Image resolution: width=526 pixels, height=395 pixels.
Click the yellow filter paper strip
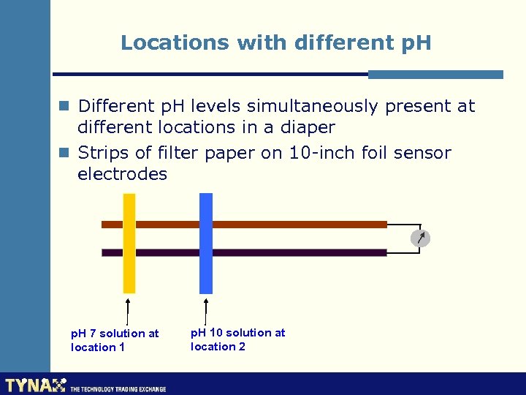point(129,243)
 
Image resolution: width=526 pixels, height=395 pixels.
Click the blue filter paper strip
point(206,243)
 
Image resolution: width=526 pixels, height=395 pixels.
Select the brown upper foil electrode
point(292,225)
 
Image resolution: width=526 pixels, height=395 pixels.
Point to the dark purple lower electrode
point(292,252)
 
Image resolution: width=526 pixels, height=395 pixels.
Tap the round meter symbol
point(420,238)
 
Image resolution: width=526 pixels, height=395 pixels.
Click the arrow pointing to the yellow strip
point(129,310)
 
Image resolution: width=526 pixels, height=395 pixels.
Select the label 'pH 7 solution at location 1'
point(115,340)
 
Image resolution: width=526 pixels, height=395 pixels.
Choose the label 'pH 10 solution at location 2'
point(237,339)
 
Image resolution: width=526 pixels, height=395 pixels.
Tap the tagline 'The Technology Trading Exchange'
point(118,388)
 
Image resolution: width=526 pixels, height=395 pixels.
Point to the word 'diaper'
point(306,127)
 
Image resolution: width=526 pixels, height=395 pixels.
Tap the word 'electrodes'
point(123,174)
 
